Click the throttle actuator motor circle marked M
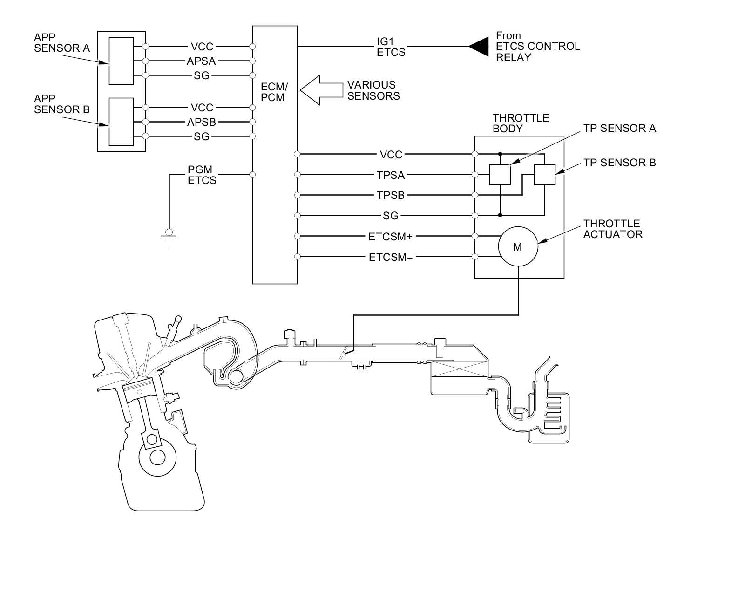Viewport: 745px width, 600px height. pos(518,247)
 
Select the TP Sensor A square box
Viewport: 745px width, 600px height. pos(500,175)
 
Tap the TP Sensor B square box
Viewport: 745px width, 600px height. pos(544,175)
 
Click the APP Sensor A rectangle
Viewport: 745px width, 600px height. pos(121,61)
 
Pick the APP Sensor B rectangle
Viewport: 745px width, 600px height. pos(121,122)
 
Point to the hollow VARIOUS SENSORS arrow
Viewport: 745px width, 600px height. pos(321,90)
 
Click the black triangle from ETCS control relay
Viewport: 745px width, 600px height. pos(478,47)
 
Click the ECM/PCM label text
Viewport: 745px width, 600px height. pos(274,92)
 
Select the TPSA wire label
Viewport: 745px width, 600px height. pos(391,175)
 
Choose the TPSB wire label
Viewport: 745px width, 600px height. pos(391,195)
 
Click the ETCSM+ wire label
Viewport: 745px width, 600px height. pos(390,237)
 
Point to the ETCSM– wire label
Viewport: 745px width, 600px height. pos(390,257)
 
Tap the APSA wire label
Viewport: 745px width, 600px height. pos(201,61)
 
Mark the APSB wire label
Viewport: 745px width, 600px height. pos(201,123)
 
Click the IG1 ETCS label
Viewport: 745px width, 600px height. pos(391,47)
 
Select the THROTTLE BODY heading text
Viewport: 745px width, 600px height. pos(521,123)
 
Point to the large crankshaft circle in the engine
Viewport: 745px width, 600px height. pos(157,457)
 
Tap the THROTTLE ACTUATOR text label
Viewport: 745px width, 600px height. pos(612,229)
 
